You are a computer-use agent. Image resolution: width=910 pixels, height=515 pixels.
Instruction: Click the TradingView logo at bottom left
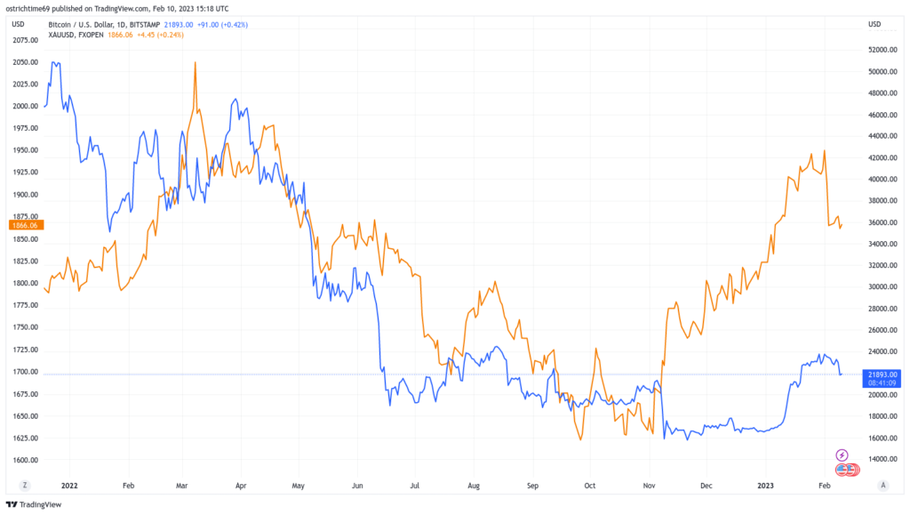click(x=38, y=504)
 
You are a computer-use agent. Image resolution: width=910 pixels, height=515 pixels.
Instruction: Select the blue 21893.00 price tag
click(x=882, y=374)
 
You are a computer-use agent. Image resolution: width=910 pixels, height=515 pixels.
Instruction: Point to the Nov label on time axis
click(x=650, y=486)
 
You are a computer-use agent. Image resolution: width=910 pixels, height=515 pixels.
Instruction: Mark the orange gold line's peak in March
click(x=195, y=63)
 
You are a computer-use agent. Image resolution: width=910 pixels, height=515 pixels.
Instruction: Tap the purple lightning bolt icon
click(x=842, y=455)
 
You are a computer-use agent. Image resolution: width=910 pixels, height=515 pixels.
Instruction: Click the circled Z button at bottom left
click(x=25, y=486)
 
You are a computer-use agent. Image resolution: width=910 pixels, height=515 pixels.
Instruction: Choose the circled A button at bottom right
click(x=882, y=486)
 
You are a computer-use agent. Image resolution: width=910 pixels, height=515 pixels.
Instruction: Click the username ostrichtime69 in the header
click(x=37, y=7)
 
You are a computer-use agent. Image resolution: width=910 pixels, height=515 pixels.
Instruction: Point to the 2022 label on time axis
click(x=68, y=486)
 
